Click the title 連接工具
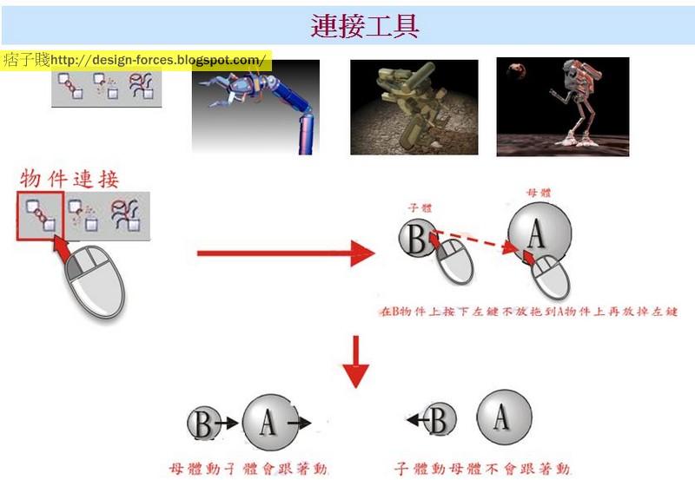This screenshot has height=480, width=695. [365, 25]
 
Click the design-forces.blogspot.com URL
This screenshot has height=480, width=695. [158, 60]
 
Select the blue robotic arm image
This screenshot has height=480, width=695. [255, 107]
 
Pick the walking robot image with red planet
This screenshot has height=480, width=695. [562, 107]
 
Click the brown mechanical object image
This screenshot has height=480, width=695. [414, 107]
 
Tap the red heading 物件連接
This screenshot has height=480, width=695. [69, 179]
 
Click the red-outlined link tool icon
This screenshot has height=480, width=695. [40, 214]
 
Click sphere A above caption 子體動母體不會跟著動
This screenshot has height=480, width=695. [500, 419]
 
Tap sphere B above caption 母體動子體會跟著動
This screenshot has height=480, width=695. [203, 424]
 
